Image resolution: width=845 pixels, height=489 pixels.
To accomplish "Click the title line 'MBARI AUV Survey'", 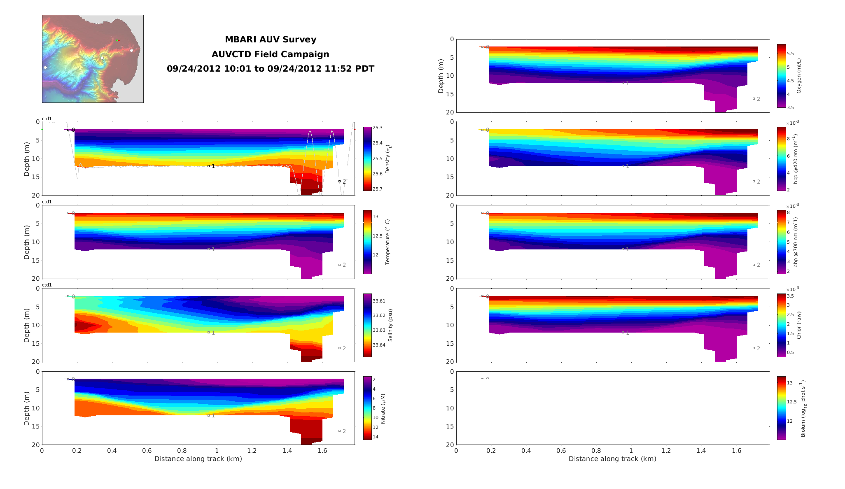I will [x=270, y=40].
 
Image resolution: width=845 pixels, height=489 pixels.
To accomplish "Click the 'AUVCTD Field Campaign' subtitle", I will [x=270, y=54].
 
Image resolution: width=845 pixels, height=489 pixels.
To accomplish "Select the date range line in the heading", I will [x=270, y=69].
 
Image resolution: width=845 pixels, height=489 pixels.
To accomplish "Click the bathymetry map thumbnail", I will [x=93, y=59].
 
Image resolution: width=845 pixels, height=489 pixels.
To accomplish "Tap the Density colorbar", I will [x=367, y=159].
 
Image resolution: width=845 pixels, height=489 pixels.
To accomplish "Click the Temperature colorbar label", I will [x=387, y=242].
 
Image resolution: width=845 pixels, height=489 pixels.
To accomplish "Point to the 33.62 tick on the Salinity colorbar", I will [x=379, y=316].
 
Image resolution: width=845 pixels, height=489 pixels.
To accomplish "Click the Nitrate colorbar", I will [x=367, y=408].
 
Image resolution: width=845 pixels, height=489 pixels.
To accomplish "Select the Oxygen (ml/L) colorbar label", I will [x=799, y=76].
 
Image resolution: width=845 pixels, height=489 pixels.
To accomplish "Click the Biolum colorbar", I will [x=781, y=408].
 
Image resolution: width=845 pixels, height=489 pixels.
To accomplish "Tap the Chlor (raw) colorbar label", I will [x=799, y=325].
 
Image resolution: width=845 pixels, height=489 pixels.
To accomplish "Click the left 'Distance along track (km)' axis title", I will [x=198, y=459].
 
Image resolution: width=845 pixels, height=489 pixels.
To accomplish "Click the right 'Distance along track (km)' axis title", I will [x=612, y=459].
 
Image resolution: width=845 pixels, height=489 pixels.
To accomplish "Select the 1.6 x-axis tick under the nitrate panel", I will [x=322, y=451].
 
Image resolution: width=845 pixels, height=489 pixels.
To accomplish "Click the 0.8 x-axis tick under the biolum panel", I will [x=596, y=451].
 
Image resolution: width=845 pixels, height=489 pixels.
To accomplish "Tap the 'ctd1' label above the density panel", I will [x=47, y=119].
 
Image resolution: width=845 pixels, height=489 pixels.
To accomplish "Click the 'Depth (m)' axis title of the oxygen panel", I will [x=441, y=76].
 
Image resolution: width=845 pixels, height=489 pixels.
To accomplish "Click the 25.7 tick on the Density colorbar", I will [x=377, y=189].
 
